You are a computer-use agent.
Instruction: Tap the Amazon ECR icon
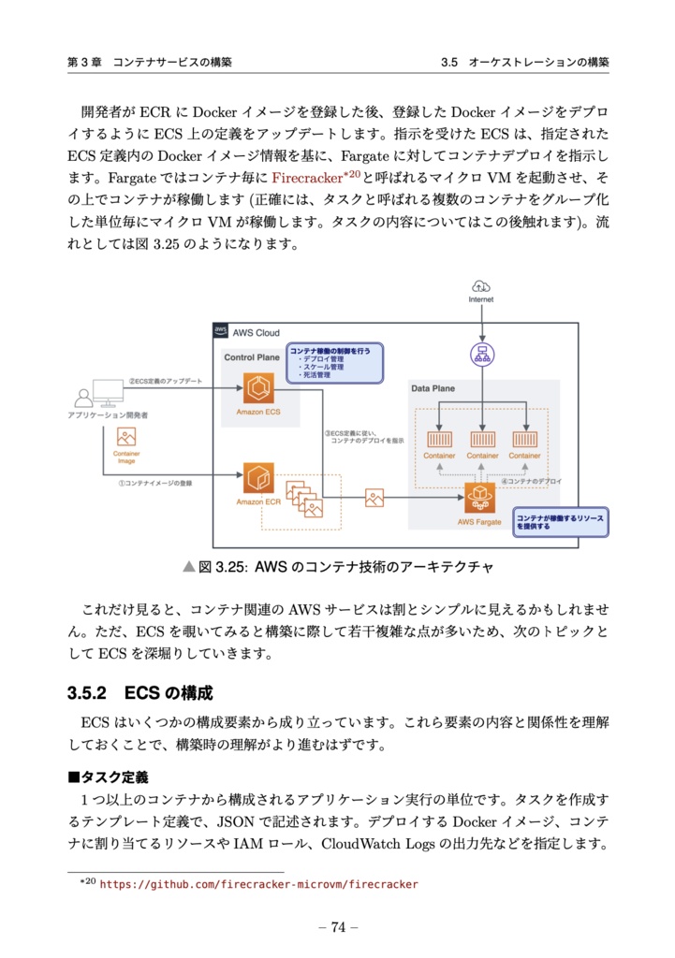click(x=257, y=477)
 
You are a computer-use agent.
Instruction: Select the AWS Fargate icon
click(x=481, y=497)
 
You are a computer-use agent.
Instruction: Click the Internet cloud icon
click(x=481, y=286)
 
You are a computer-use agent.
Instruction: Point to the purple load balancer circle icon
click(x=481, y=355)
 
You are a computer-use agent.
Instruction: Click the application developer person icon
click(x=86, y=397)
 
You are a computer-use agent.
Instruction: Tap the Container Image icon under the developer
click(x=125, y=436)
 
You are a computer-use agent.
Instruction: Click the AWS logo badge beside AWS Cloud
click(x=221, y=330)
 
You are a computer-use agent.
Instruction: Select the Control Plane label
click(x=251, y=357)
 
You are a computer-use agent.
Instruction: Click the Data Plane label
click(x=433, y=387)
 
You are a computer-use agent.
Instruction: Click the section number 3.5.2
click(x=89, y=693)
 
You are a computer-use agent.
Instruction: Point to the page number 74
click(x=338, y=927)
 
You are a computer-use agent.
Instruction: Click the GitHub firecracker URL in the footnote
click(x=258, y=884)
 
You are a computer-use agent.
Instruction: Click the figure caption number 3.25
click(x=231, y=567)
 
